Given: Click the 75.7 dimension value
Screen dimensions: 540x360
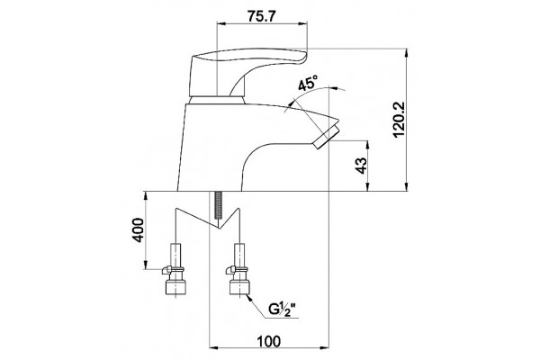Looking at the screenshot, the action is pyautogui.click(x=261, y=16).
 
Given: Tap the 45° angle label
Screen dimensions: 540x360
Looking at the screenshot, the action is pyautogui.click(x=308, y=84).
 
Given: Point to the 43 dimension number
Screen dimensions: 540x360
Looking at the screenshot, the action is pyautogui.click(x=361, y=166).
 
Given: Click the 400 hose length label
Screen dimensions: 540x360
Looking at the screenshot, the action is pyautogui.click(x=138, y=229).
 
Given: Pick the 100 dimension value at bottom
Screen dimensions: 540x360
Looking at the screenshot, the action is pyautogui.click(x=269, y=341).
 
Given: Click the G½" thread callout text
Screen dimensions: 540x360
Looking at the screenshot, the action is pyautogui.click(x=283, y=310).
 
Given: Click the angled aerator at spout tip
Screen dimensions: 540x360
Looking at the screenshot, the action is pyautogui.click(x=328, y=137).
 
